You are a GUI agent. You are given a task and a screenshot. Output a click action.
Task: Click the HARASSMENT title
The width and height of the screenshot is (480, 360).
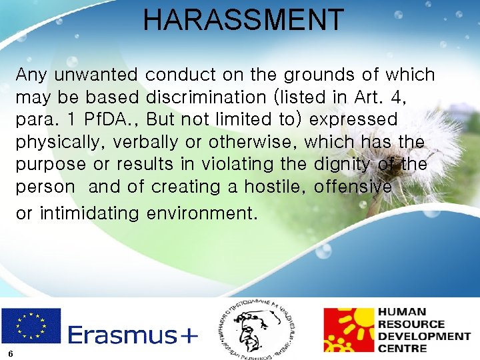[243, 20]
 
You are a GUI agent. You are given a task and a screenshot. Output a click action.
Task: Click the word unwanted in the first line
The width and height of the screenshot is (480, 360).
[96, 75]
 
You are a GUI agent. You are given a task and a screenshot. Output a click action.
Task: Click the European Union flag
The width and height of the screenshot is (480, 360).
[31, 325]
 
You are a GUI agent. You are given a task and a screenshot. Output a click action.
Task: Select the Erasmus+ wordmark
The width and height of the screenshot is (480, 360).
[133, 334]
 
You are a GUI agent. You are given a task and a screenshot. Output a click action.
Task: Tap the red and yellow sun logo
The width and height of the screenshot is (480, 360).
[348, 330]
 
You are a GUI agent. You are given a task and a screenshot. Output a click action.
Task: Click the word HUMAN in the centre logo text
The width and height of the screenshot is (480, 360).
[402, 312]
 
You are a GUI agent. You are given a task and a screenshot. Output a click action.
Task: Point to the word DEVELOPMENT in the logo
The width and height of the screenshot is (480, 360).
[423, 336]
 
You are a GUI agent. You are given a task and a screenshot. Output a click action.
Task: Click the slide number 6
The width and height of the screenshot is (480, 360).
[11, 353]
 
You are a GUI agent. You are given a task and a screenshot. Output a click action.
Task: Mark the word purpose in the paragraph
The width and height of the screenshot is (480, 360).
[51, 165]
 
